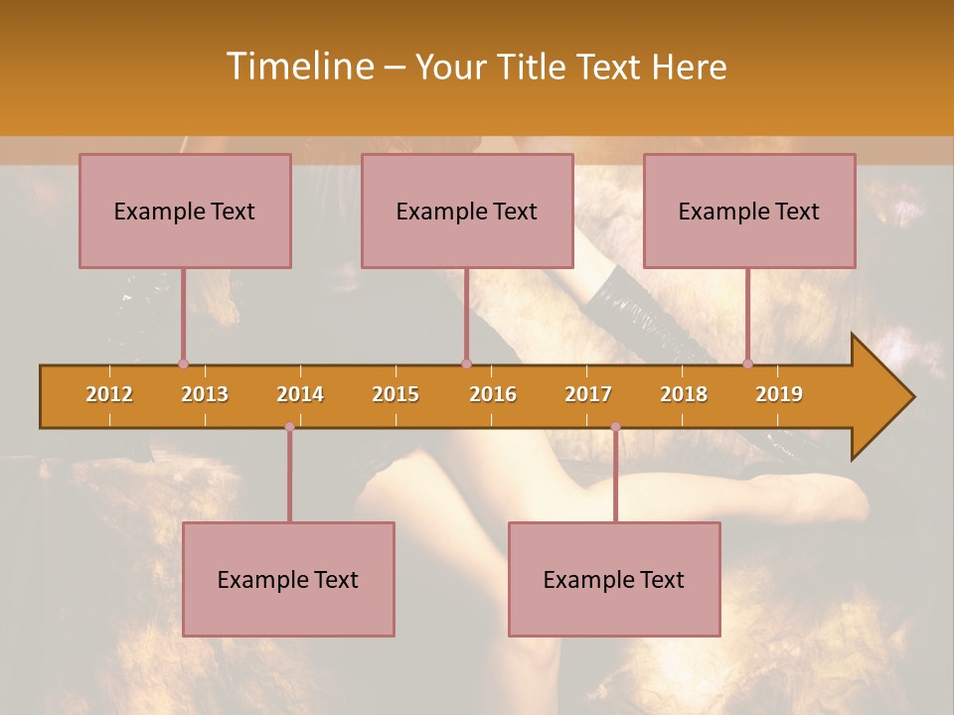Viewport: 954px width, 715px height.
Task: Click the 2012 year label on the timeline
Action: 109,394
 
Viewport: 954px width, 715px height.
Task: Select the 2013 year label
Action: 205,394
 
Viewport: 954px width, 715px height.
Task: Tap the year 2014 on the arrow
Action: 300,394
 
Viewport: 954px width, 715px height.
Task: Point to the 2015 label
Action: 396,394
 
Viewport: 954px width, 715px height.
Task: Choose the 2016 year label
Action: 493,394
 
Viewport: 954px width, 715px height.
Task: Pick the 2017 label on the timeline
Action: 588,394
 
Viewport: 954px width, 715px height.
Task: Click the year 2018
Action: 684,394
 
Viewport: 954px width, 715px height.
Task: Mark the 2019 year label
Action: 779,394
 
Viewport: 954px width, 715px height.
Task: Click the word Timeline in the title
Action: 298,67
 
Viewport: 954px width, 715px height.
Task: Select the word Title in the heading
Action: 535,68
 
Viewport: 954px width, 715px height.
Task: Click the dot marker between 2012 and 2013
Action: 183,364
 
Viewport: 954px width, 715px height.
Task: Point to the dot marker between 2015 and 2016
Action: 466,364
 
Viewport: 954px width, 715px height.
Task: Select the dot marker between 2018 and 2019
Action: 748,364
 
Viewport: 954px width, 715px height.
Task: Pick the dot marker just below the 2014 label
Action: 289,427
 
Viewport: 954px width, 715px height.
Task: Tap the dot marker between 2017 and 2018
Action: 615,427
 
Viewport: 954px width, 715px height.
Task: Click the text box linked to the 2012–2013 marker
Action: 185,211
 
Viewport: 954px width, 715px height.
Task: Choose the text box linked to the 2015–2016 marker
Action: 467,211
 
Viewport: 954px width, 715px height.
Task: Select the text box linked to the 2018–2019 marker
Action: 749,211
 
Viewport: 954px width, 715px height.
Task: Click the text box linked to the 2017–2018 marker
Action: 614,579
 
